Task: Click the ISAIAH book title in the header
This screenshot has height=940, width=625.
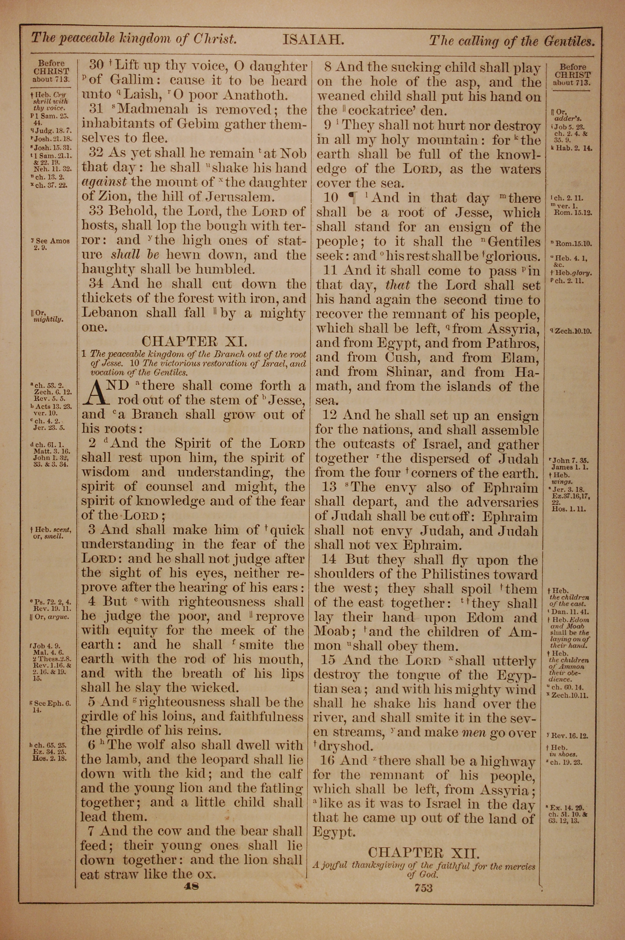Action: [x=312, y=40]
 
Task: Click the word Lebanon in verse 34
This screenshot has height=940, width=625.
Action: [x=110, y=312]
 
